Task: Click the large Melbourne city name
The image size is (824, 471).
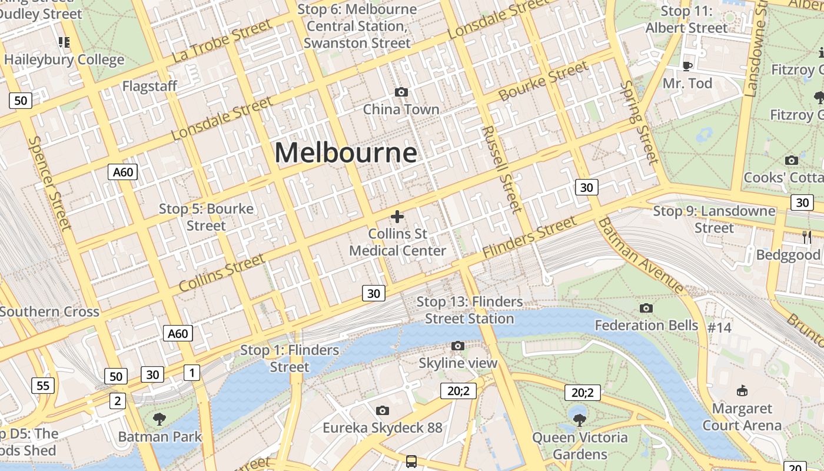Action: pos(346,152)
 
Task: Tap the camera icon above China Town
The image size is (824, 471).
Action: pos(401,92)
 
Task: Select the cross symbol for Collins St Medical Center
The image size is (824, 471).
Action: pos(397,217)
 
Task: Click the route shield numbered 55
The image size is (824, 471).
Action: pos(43,386)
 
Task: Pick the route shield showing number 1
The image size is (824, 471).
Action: pos(192,372)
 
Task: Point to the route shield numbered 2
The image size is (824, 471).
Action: pos(117,401)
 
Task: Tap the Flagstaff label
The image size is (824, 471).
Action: pos(149,87)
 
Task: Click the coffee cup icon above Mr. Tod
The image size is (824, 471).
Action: pos(687,65)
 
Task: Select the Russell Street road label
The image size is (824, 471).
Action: pos(501,169)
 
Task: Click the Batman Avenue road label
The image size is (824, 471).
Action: pos(641,256)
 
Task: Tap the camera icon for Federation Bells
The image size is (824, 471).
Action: pos(646,308)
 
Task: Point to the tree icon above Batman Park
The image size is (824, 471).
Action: pos(159,419)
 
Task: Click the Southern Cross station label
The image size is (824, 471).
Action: pos(49,311)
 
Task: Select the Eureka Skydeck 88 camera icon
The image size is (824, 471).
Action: pos(383,410)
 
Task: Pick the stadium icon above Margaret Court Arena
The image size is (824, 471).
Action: pos(742,391)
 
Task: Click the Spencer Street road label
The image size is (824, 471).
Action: pos(49,183)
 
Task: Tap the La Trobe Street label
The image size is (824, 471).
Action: pos(222,41)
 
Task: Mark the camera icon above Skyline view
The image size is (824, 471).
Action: pos(458,346)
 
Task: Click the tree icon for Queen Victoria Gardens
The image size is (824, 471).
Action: pos(580,420)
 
